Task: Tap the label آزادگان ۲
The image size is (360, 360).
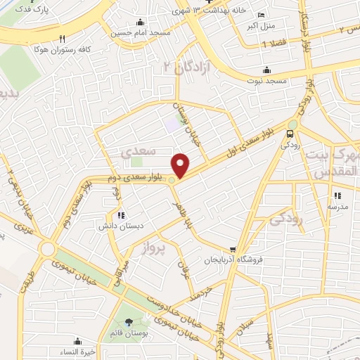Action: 179,67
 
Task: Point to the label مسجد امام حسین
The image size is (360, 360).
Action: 139,33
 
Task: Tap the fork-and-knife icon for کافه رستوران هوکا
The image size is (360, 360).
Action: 63,39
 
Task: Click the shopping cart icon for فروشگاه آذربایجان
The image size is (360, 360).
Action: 233,250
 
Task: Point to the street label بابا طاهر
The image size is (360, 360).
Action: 186,211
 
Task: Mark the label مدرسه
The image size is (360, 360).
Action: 337,207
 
